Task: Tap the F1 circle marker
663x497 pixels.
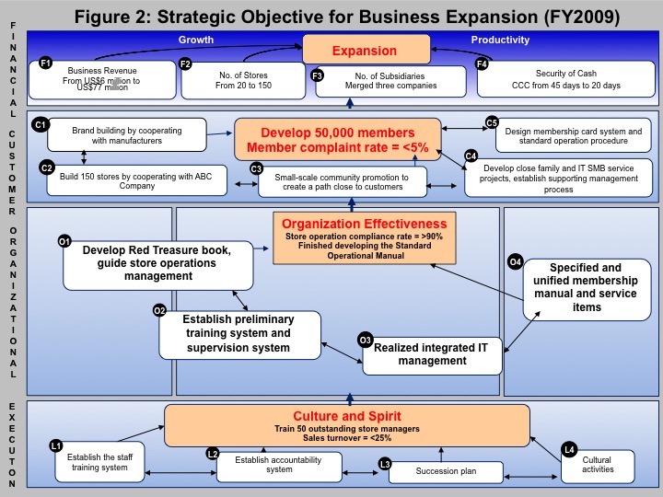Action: tap(45, 63)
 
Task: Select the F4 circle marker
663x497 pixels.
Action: tap(483, 64)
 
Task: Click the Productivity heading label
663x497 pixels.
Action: tap(500, 40)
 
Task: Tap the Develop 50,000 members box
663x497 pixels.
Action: tap(337, 140)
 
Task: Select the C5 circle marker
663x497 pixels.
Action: tap(492, 122)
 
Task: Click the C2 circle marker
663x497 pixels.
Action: tap(46, 167)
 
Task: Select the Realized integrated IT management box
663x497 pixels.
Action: tap(433, 354)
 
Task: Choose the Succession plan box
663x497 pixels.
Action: tap(445, 472)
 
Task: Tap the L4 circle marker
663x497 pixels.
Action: tap(569, 449)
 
